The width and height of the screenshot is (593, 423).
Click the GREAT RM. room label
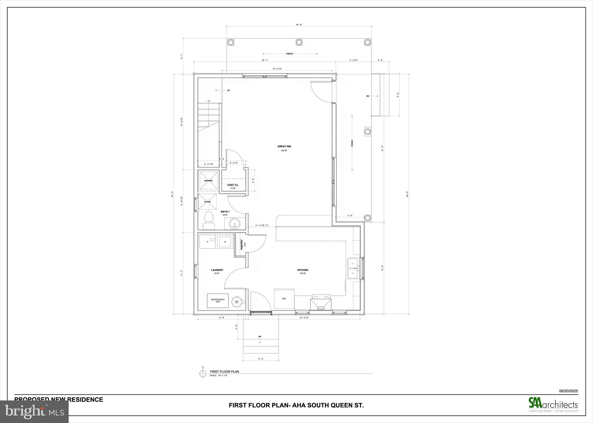284,146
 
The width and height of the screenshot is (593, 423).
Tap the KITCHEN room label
303,270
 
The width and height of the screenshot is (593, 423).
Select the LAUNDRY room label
217,270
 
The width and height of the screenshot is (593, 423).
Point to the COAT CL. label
233,185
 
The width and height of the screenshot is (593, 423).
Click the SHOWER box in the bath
208,181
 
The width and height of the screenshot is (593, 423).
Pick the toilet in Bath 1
208,220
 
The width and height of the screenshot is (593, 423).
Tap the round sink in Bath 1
234,224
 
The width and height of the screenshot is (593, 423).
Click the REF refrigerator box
284,299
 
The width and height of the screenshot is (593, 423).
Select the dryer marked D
207,241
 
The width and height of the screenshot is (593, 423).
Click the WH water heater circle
237,302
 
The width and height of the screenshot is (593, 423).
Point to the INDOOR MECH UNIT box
218,301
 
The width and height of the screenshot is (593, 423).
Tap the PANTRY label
242,244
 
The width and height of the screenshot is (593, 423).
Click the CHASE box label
207,202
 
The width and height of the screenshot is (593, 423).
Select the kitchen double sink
352,268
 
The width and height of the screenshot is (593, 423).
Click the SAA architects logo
553,404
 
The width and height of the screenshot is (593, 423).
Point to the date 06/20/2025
568,391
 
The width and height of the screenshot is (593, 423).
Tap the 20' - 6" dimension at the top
299,25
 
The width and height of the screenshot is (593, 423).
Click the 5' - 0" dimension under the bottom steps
260,359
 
